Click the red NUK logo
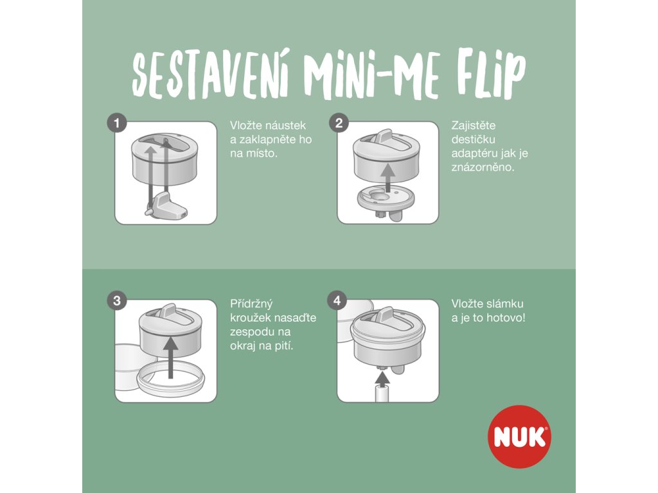tap(519, 437)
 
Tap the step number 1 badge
tap(117, 123)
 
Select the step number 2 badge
tap(339, 123)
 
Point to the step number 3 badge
tap(117, 301)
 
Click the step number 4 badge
tap(337, 301)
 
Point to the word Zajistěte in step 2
tap(474, 125)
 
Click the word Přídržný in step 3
tap(251, 304)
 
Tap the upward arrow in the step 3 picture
tap(170, 357)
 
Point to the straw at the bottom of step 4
tap(382, 395)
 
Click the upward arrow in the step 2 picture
tap(389, 178)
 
